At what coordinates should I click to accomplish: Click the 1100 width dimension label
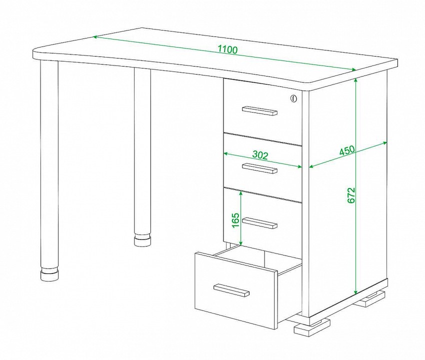pyautogui.click(x=227, y=49)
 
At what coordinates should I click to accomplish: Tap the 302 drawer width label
pyautogui.click(x=260, y=155)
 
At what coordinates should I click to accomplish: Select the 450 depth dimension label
pyautogui.click(x=347, y=150)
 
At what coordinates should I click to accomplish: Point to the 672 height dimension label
pyautogui.click(x=351, y=195)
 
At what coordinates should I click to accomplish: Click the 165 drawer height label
pyautogui.click(x=236, y=220)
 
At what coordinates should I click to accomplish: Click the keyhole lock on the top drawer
pyautogui.click(x=293, y=98)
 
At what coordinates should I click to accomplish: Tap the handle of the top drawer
pyautogui.click(x=259, y=110)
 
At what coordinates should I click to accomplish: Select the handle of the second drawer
pyautogui.click(x=259, y=168)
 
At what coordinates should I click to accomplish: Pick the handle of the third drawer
pyautogui.click(x=259, y=223)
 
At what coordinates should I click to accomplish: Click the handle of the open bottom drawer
pyautogui.click(x=231, y=290)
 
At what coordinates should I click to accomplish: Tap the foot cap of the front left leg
pyautogui.click(x=49, y=275)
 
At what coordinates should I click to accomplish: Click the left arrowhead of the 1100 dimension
pyautogui.click(x=96, y=37)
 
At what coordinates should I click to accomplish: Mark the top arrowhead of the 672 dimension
pyautogui.click(x=356, y=80)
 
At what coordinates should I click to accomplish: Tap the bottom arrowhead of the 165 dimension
pyautogui.click(x=240, y=243)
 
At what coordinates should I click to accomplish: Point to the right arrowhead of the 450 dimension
pyautogui.click(x=385, y=142)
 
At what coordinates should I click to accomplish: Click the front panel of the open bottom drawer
pyautogui.click(x=236, y=290)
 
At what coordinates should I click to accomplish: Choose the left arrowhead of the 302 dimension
pyautogui.click(x=225, y=153)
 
